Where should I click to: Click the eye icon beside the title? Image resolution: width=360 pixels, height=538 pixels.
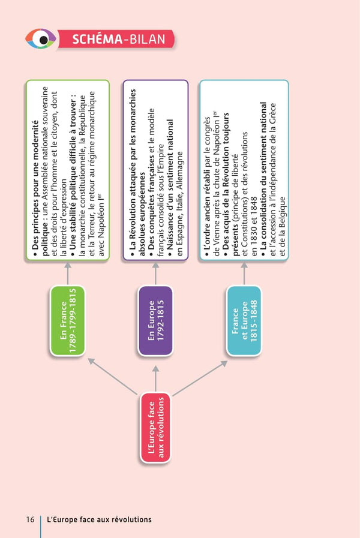[41, 40]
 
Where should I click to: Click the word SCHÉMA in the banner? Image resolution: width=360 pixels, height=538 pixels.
[97, 40]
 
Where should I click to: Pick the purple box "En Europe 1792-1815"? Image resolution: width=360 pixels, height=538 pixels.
[155, 320]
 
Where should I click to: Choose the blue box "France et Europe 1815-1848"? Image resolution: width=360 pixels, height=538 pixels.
[244, 320]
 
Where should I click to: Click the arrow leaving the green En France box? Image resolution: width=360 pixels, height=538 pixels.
[67, 273]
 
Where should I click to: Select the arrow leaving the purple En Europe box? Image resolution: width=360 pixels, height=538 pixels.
[155, 273]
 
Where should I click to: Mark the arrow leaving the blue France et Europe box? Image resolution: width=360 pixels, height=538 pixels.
[244, 273]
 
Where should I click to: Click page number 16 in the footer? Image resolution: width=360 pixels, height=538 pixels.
[29, 519]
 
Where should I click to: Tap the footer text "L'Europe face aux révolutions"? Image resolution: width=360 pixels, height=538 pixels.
[99, 519]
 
